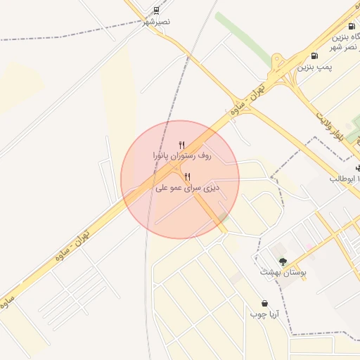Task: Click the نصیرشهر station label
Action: (x=157, y=22)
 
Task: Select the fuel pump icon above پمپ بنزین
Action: (x=313, y=56)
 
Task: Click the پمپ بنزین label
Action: (x=314, y=67)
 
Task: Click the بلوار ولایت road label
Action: (x=329, y=127)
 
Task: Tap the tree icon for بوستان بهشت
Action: (x=283, y=261)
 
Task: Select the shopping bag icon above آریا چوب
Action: (x=264, y=304)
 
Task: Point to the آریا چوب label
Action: (x=264, y=314)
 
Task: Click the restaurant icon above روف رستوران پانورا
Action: (x=182, y=144)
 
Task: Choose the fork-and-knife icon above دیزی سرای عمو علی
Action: (x=187, y=177)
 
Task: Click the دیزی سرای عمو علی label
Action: (x=187, y=188)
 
